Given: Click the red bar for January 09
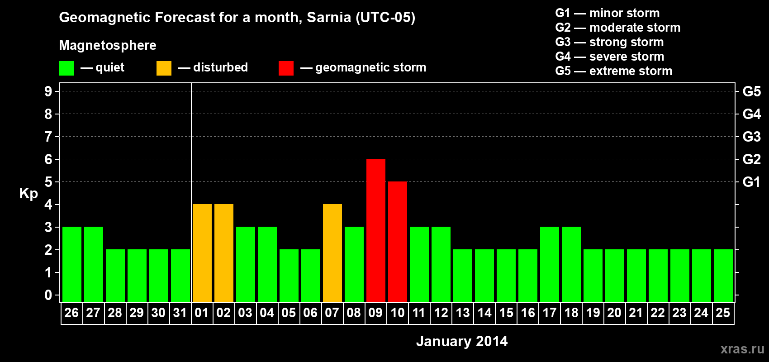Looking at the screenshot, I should point(375,231).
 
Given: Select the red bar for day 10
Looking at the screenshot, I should point(397,242).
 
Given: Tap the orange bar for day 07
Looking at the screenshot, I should point(332,253).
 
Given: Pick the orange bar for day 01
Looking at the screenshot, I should point(202,253).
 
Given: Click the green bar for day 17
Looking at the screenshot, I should point(549,265).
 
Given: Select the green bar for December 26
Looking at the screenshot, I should point(71,265).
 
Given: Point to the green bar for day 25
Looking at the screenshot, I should point(723,276).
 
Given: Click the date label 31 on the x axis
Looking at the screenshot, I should point(180,313).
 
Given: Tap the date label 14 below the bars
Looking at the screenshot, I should point(484,313).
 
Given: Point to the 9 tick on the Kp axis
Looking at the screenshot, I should point(48,91).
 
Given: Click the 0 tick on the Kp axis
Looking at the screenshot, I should point(48,295).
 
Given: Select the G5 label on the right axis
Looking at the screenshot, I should point(751,91).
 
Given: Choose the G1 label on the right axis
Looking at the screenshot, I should point(751,182).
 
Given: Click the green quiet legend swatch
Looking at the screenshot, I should point(66,68).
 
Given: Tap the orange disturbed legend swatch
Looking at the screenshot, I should point(164,68).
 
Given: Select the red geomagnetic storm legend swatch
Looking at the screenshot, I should point(286,68).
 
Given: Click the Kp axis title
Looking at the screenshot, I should point(28,193).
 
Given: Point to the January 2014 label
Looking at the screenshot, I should point(461,341).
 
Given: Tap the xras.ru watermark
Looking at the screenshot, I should point(742,348).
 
